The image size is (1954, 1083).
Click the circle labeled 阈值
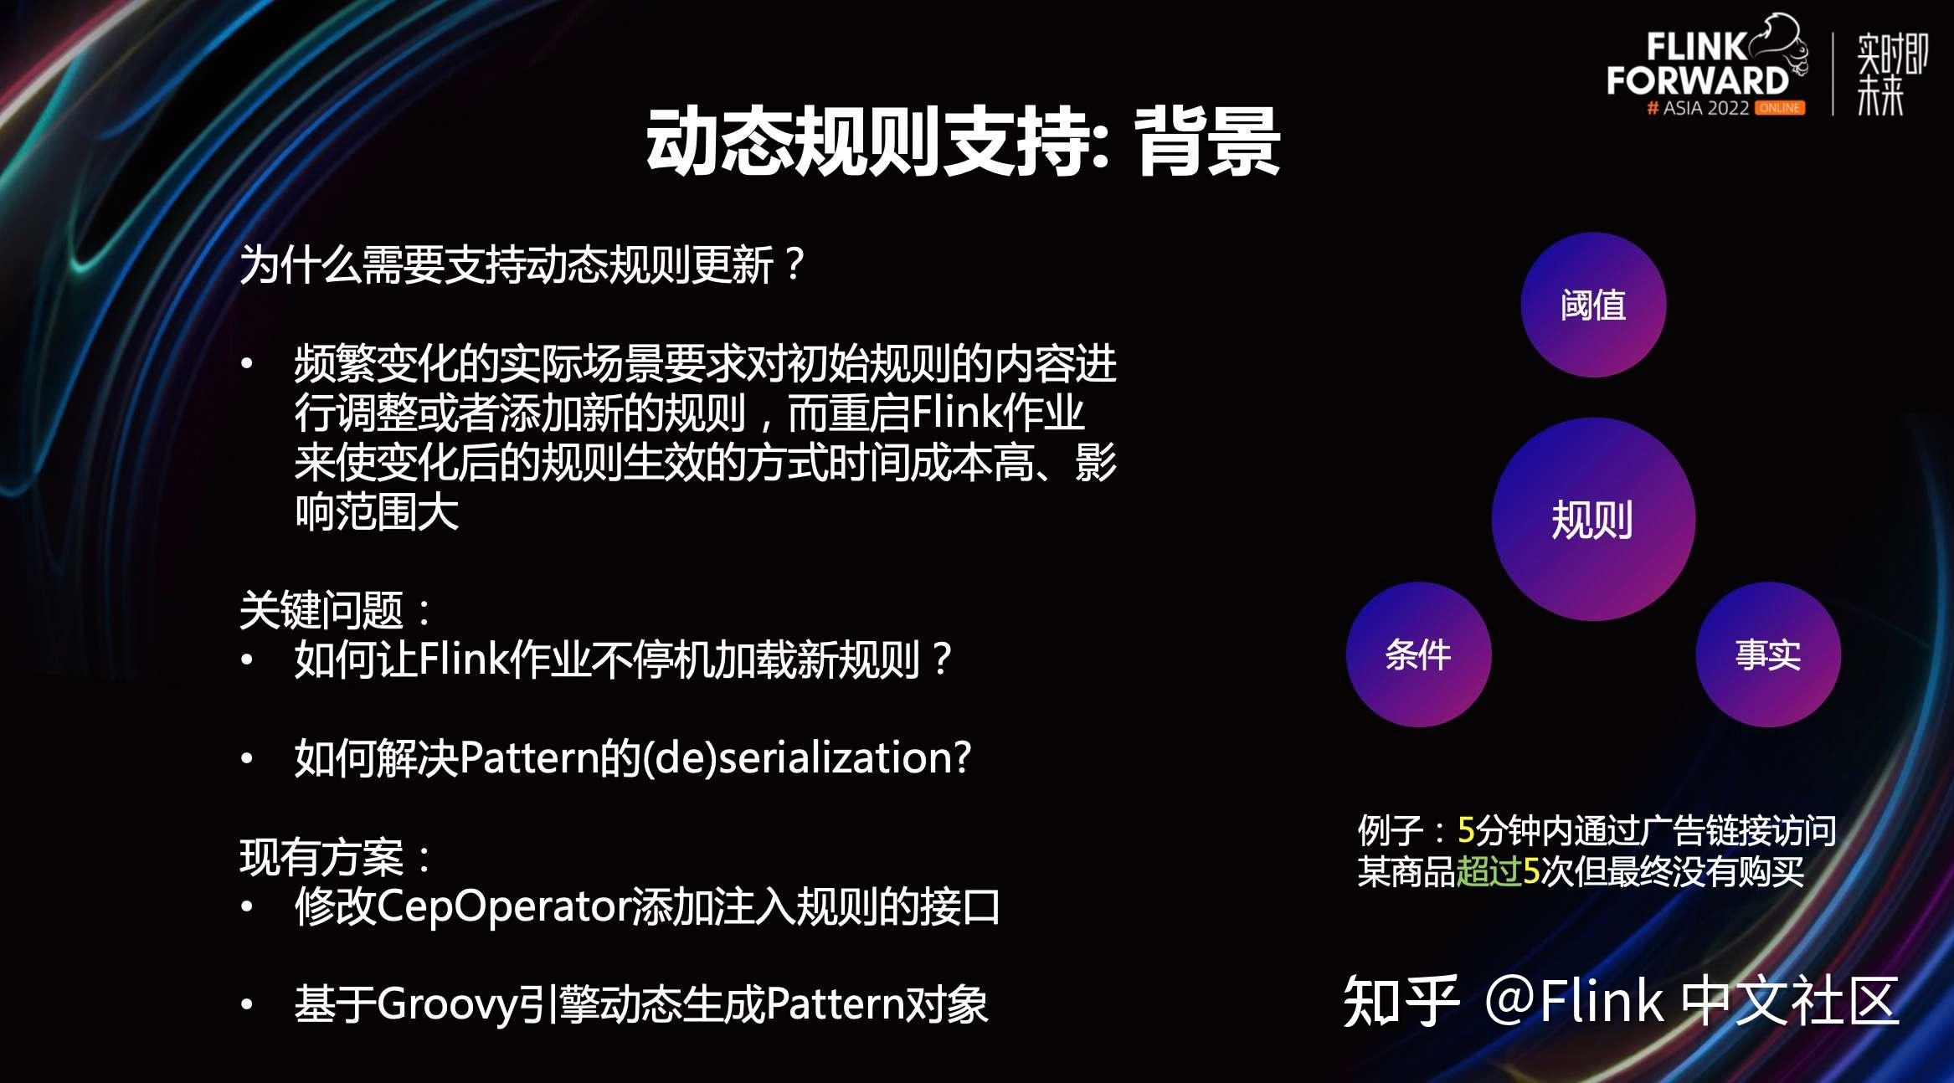[x=1593, y=305]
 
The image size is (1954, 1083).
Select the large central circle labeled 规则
[x=1593, y=519]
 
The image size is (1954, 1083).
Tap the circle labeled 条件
[x=1418, y=654]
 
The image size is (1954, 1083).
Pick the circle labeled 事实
[x=1768, y=654]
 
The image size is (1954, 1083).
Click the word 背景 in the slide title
[x=1208, y=142]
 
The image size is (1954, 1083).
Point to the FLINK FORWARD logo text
[x=1698, y=64]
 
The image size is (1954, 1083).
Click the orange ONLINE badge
[x=1780, y=108]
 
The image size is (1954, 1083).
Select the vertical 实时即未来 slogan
[x=1892, y=74]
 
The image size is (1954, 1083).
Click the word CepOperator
[x=504, y=907]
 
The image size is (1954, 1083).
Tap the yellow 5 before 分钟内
[x=1466, y=830]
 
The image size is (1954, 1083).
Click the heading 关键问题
[x=321, y=610]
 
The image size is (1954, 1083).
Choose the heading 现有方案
[x=321, y=857]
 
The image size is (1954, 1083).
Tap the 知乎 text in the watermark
[x=1401, y=1001]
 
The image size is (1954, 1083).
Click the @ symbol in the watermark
[x=1510, y=1001]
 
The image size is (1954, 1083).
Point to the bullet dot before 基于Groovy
[x=247, y=1005]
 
